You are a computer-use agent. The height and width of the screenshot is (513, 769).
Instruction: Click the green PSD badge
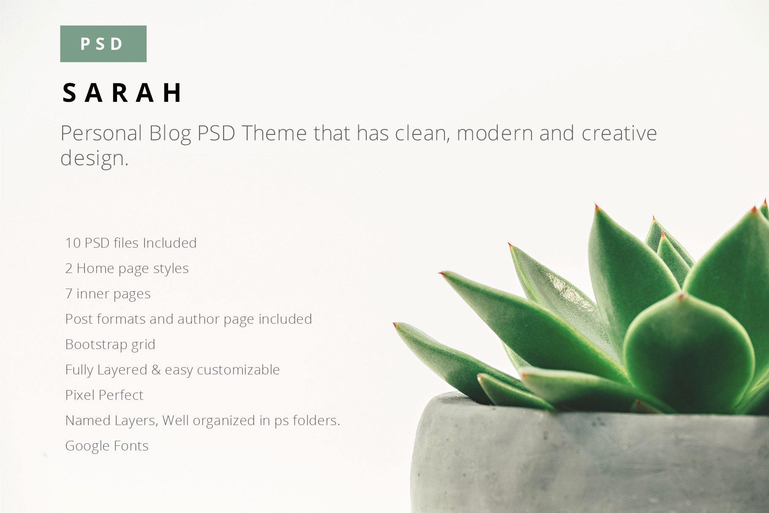[103, 44]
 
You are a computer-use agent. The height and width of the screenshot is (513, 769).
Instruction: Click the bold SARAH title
[123, 93]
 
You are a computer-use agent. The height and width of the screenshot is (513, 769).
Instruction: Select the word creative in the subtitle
[619, 134]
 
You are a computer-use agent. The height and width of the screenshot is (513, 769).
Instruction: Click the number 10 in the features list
[73, 243]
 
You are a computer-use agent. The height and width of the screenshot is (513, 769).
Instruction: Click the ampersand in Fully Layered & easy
[156, 370]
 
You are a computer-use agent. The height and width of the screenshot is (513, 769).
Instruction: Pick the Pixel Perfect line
[104, 395]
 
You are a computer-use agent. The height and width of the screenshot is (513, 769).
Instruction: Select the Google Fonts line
[107, 446]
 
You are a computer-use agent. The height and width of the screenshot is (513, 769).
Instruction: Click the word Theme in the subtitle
[274, 134]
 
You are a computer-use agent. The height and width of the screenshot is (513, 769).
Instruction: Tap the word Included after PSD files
[170, 243]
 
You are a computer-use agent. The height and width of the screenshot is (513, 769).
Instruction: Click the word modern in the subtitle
[495, 134]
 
